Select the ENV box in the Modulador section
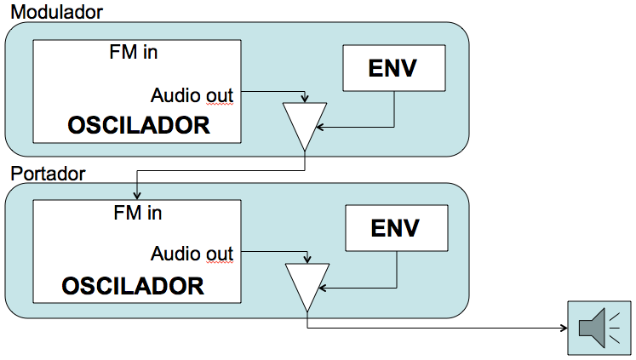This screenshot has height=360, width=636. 392,68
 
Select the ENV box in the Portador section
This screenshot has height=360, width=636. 396,229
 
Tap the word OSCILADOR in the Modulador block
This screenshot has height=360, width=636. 139,125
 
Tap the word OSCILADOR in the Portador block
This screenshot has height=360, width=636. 133,284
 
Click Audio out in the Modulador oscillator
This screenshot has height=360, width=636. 192,94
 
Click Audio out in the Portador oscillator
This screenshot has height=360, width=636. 192,253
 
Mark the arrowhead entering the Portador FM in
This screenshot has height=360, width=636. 136,197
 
